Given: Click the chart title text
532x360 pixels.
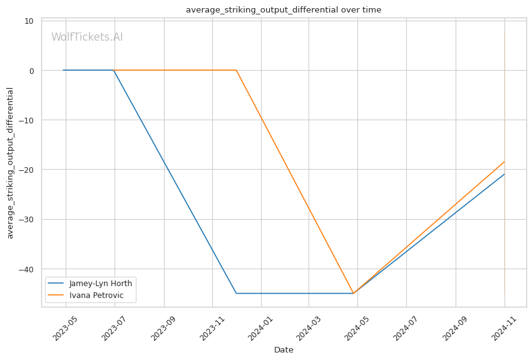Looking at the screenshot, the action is (284, 10).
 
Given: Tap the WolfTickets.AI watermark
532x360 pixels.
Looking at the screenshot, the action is (87, 37).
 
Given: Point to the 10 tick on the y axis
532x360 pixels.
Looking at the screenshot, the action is (29, 21).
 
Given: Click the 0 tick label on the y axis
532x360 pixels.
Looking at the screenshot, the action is (31, 71).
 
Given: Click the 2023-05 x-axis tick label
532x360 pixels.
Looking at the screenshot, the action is (66, 328).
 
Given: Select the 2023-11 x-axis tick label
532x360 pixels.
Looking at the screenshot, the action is (212, 328).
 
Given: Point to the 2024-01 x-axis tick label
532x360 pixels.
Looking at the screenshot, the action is (261, 328).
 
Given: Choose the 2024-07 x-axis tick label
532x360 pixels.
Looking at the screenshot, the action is (406, 328).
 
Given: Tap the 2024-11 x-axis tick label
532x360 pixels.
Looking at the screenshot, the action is (504, 328).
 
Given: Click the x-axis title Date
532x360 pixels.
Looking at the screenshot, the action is (284, 350).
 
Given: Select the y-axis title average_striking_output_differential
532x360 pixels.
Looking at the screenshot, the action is (10, 163).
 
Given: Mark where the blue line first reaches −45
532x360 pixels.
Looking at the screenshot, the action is (237, 293).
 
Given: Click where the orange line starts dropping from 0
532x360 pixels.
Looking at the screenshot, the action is (236, 70).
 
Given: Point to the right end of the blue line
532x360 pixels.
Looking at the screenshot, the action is (504, 174).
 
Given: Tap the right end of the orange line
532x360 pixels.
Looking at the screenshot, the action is (504, 162).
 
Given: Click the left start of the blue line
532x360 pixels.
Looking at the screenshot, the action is (63, 70).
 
